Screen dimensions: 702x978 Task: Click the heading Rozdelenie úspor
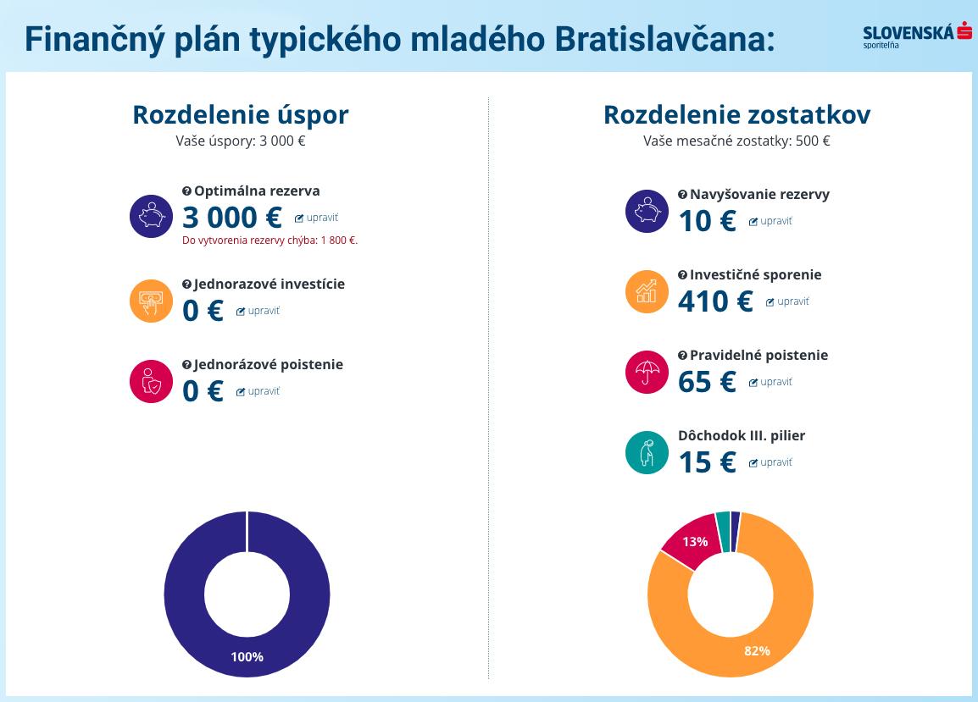pyautogui.click(x=240, y=114)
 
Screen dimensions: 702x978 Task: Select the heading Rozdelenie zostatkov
pyautogui.click(x=736, y=114)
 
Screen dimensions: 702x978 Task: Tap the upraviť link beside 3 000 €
pyautogui.click(x=316, y=218)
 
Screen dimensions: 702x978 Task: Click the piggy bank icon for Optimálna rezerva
pyautogui.click(x=151, y=216)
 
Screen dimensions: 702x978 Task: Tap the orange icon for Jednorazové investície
pyautogui.click(x=151, y=301)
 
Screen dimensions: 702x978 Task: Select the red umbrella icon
pyautogui.click(x=647, y=372)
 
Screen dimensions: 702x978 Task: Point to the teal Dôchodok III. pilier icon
pyautogui.click(x=647, y=452)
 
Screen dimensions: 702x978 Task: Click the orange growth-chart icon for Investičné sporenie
pyautogui.click(x=647, y=291)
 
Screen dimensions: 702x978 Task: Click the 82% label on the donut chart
pyautogui.click(x=757, y=650)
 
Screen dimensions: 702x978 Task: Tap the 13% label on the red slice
pyautogui.click(x=695, y=542)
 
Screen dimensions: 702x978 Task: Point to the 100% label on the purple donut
pyautogui.click(x=247, y=657)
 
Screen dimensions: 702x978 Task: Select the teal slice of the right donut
pyautogui.click(x=723, y=531)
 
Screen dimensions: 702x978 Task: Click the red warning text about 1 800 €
pyautogui.click(x=270, y=240)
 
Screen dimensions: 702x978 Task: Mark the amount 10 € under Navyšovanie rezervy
pyautogui.click(x=707, y=221)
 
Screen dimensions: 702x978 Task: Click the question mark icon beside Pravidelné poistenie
pyautogui.click(x=682, y=356)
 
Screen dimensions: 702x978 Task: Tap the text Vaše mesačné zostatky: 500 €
pyautogui.click(x=736, y=141)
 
